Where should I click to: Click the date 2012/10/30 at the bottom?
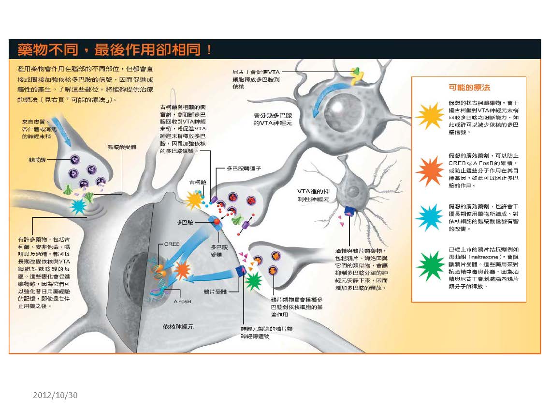click(x=55, y=395)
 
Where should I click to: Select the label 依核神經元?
click(x=178, y=327)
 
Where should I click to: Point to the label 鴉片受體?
click(x=215, y=292)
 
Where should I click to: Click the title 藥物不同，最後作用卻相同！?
click(x=115, y=49)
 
